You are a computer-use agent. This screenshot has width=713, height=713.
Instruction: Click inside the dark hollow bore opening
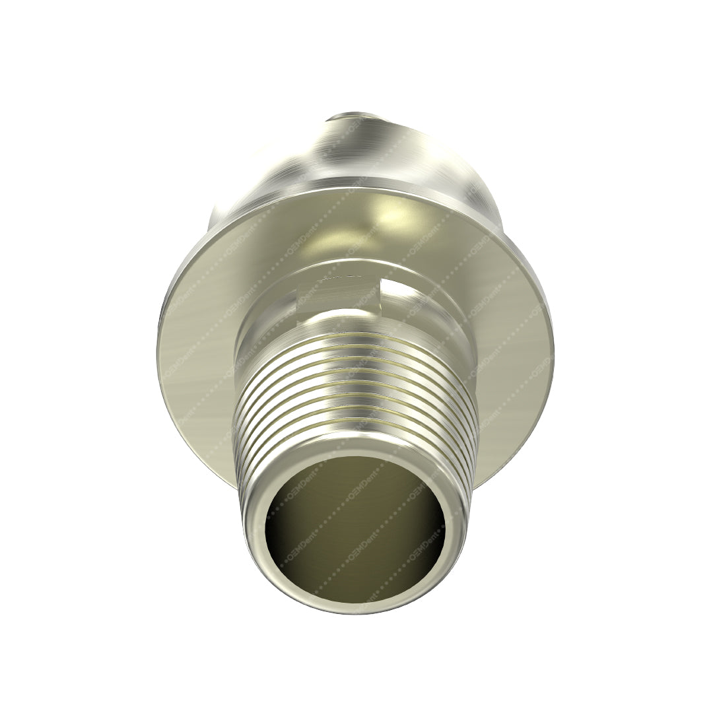coord(355,528)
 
